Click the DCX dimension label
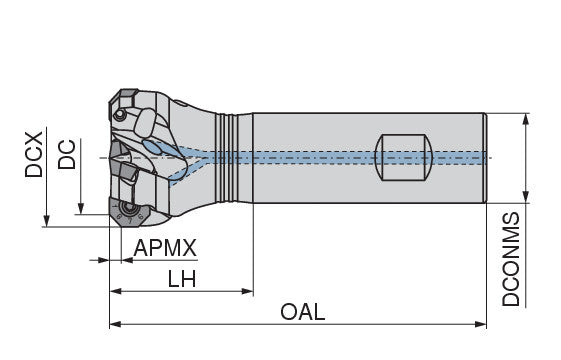tap(34, 155)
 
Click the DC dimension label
tap(67, 154)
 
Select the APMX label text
tap(165, 248)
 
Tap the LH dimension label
tap(182, 279)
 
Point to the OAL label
tap(303, 312)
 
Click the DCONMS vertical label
tap(511, 259)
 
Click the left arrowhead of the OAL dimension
tap(115, 325)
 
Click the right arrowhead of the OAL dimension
tap(480, 325)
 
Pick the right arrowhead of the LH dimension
tap(247, 291)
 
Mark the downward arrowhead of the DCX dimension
tap(46, 221)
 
